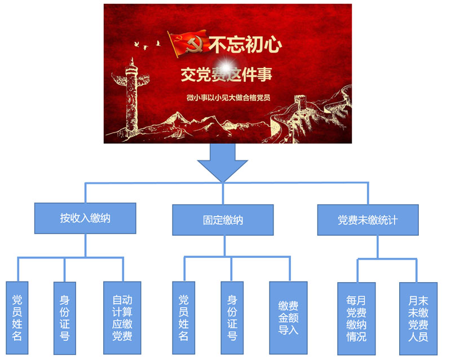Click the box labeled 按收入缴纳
[x=85, y=218]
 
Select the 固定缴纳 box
[x=223, y=219]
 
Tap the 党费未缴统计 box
[x=368, y=219]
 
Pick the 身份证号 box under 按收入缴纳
[x=64, y=318]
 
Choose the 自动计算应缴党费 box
[x=122, y=318]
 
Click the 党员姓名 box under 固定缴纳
[x=183, y=318]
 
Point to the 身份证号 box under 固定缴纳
[x=232, y=318]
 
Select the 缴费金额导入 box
[x=288, y=318]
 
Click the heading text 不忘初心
[x=245, y=44]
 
